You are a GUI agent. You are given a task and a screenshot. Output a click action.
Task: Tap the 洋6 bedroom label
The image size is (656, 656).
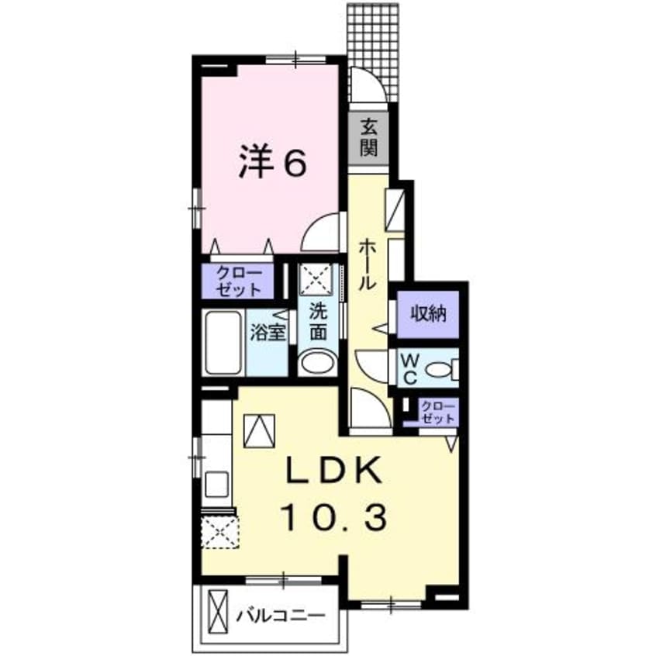(x=271, y=163)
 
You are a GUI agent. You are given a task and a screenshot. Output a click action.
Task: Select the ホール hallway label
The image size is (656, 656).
(x=367, y=264)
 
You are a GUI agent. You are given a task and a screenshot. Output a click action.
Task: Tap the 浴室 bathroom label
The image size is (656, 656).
(x=268, y=333)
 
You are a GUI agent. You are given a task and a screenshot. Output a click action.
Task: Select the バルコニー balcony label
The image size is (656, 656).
(x=281, y=618)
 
